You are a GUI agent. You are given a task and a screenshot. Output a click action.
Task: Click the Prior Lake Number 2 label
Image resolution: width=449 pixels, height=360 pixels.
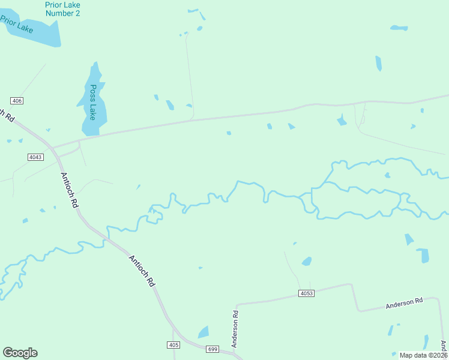coord(62,8)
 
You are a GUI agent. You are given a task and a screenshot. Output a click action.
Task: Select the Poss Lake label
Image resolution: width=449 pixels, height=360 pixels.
coord(92,102)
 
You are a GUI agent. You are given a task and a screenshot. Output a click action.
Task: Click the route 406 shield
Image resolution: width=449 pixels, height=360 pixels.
coord(17,100)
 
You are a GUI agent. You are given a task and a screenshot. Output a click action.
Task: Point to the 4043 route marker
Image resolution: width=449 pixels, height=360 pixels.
coord(35,157)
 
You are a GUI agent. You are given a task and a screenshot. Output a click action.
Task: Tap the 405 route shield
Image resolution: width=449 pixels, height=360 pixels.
coord(173,344)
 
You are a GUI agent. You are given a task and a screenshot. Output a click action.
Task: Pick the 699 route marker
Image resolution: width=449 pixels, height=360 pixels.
coord(212,349)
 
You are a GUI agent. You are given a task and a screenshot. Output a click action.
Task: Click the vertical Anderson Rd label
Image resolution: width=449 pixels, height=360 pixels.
coord(235,329)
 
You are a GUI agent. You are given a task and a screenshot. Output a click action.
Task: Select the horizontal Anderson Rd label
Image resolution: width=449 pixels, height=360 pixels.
coord(404,304)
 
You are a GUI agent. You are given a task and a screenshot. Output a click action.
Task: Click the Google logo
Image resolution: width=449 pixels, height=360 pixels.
coord(20,353)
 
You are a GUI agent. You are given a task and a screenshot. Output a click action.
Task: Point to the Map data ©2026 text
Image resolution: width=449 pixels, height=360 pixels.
coord(423,355)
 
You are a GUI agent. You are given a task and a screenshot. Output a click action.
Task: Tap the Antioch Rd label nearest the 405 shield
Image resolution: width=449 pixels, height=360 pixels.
coord(142,271)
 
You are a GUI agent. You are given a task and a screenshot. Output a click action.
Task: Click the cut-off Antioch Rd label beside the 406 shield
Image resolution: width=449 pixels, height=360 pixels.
coord(6,114)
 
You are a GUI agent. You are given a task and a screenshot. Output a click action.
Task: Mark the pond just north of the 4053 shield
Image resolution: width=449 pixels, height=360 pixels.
coord(307,262)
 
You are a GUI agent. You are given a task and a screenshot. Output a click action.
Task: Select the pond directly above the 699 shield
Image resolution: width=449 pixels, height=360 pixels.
coord(203,332)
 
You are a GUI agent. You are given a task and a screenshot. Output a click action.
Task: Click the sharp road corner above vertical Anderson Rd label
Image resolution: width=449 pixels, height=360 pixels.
coord(238,304)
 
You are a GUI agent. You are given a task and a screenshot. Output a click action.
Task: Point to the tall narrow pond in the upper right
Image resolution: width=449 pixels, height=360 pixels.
coord(378,63)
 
